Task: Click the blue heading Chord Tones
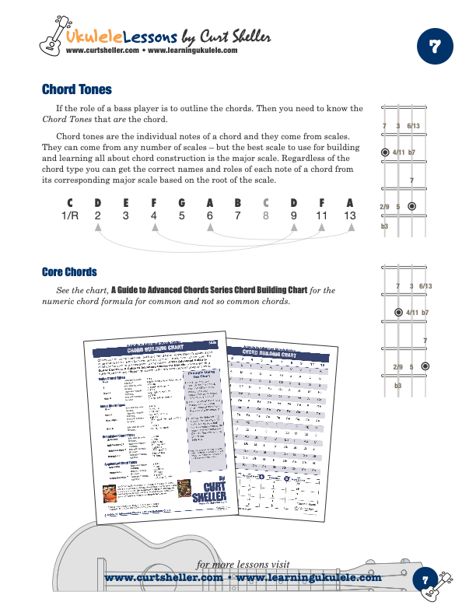point(76,90)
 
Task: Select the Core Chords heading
point(69,272)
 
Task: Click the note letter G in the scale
point(182,204)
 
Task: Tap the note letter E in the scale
point(126,204)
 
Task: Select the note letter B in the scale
point(238,204)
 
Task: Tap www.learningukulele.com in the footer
point(309,578)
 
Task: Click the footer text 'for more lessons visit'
point(242,564)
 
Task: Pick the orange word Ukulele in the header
point(92,37)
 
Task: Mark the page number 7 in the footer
point(425,579)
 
